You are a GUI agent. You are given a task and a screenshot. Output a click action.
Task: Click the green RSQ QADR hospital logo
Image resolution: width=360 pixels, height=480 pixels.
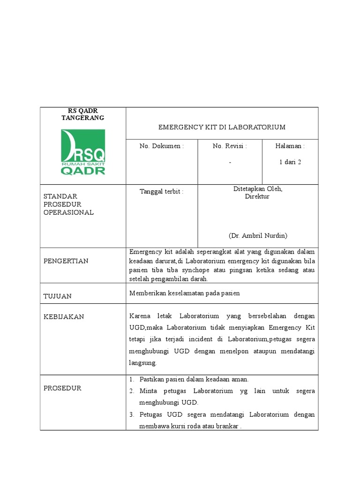[83, 152]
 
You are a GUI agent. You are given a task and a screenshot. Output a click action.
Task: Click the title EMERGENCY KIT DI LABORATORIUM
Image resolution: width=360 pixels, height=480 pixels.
[222, 127]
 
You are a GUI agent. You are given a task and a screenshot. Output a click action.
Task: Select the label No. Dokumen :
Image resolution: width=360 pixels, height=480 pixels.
[162, 146]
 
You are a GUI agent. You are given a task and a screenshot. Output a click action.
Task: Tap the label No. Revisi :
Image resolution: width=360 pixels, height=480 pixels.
[230, 146]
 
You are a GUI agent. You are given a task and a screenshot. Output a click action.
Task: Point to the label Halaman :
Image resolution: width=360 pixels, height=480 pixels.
[290, 146]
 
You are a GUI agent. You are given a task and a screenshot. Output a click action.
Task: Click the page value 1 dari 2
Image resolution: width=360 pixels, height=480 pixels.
[290, 162]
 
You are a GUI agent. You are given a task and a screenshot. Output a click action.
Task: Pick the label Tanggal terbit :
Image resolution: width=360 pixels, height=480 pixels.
[162, 191]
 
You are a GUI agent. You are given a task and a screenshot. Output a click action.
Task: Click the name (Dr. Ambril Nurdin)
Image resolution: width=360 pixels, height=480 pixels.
[258, 235]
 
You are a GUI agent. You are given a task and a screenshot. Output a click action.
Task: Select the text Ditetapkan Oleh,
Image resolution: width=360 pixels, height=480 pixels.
[258, 188]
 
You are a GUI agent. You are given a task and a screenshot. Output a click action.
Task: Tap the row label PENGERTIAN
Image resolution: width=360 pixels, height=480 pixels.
[66, 261]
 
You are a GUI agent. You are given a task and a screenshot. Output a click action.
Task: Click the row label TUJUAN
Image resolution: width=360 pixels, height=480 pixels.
[58, 296]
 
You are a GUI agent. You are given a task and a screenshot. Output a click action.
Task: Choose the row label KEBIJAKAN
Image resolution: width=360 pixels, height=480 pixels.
[64, 317]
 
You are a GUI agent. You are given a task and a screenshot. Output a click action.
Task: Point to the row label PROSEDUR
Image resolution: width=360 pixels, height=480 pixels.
[62, 388]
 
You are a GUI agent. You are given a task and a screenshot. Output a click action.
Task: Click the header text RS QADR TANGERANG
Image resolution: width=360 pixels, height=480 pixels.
[83, 114]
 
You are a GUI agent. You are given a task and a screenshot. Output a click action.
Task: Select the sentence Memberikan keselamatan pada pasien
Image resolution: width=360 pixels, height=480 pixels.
[184, 293]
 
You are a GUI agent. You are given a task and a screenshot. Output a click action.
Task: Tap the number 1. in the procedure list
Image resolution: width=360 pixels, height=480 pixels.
[132, 379]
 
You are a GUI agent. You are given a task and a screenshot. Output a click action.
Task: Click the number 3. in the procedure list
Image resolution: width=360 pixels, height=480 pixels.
[132, 415]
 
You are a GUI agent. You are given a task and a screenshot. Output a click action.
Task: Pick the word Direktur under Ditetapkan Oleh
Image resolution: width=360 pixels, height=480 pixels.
[257, 196]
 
